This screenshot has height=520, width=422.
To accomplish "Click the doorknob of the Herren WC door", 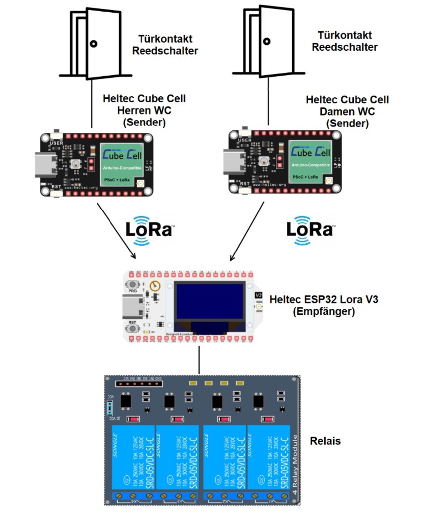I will click(x=94, y=44).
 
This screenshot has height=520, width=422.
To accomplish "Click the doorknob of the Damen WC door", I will click(x=267, y=41).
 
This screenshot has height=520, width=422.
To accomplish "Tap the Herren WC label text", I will click(x=144, y=110).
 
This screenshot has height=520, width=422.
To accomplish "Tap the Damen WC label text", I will click(x=347, y=111).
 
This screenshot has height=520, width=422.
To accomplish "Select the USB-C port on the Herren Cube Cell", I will click(x=45, y=165).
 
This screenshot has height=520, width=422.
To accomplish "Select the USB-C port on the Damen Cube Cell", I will click(x=234, y=162).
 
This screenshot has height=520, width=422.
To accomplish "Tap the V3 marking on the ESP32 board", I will click(x=258, y=295).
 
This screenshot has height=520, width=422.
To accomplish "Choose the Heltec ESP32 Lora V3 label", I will click(x=324, y=305).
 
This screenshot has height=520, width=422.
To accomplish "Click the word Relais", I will click(x=325, y=441).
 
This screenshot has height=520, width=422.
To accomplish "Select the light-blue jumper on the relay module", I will click(x=110, y=408).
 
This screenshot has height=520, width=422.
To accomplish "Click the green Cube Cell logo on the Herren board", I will click(x=122, y=164).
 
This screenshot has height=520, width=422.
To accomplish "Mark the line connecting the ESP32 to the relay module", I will click(x=199, y=360).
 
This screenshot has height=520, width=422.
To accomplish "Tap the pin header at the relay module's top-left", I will click(x=139, y=383).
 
